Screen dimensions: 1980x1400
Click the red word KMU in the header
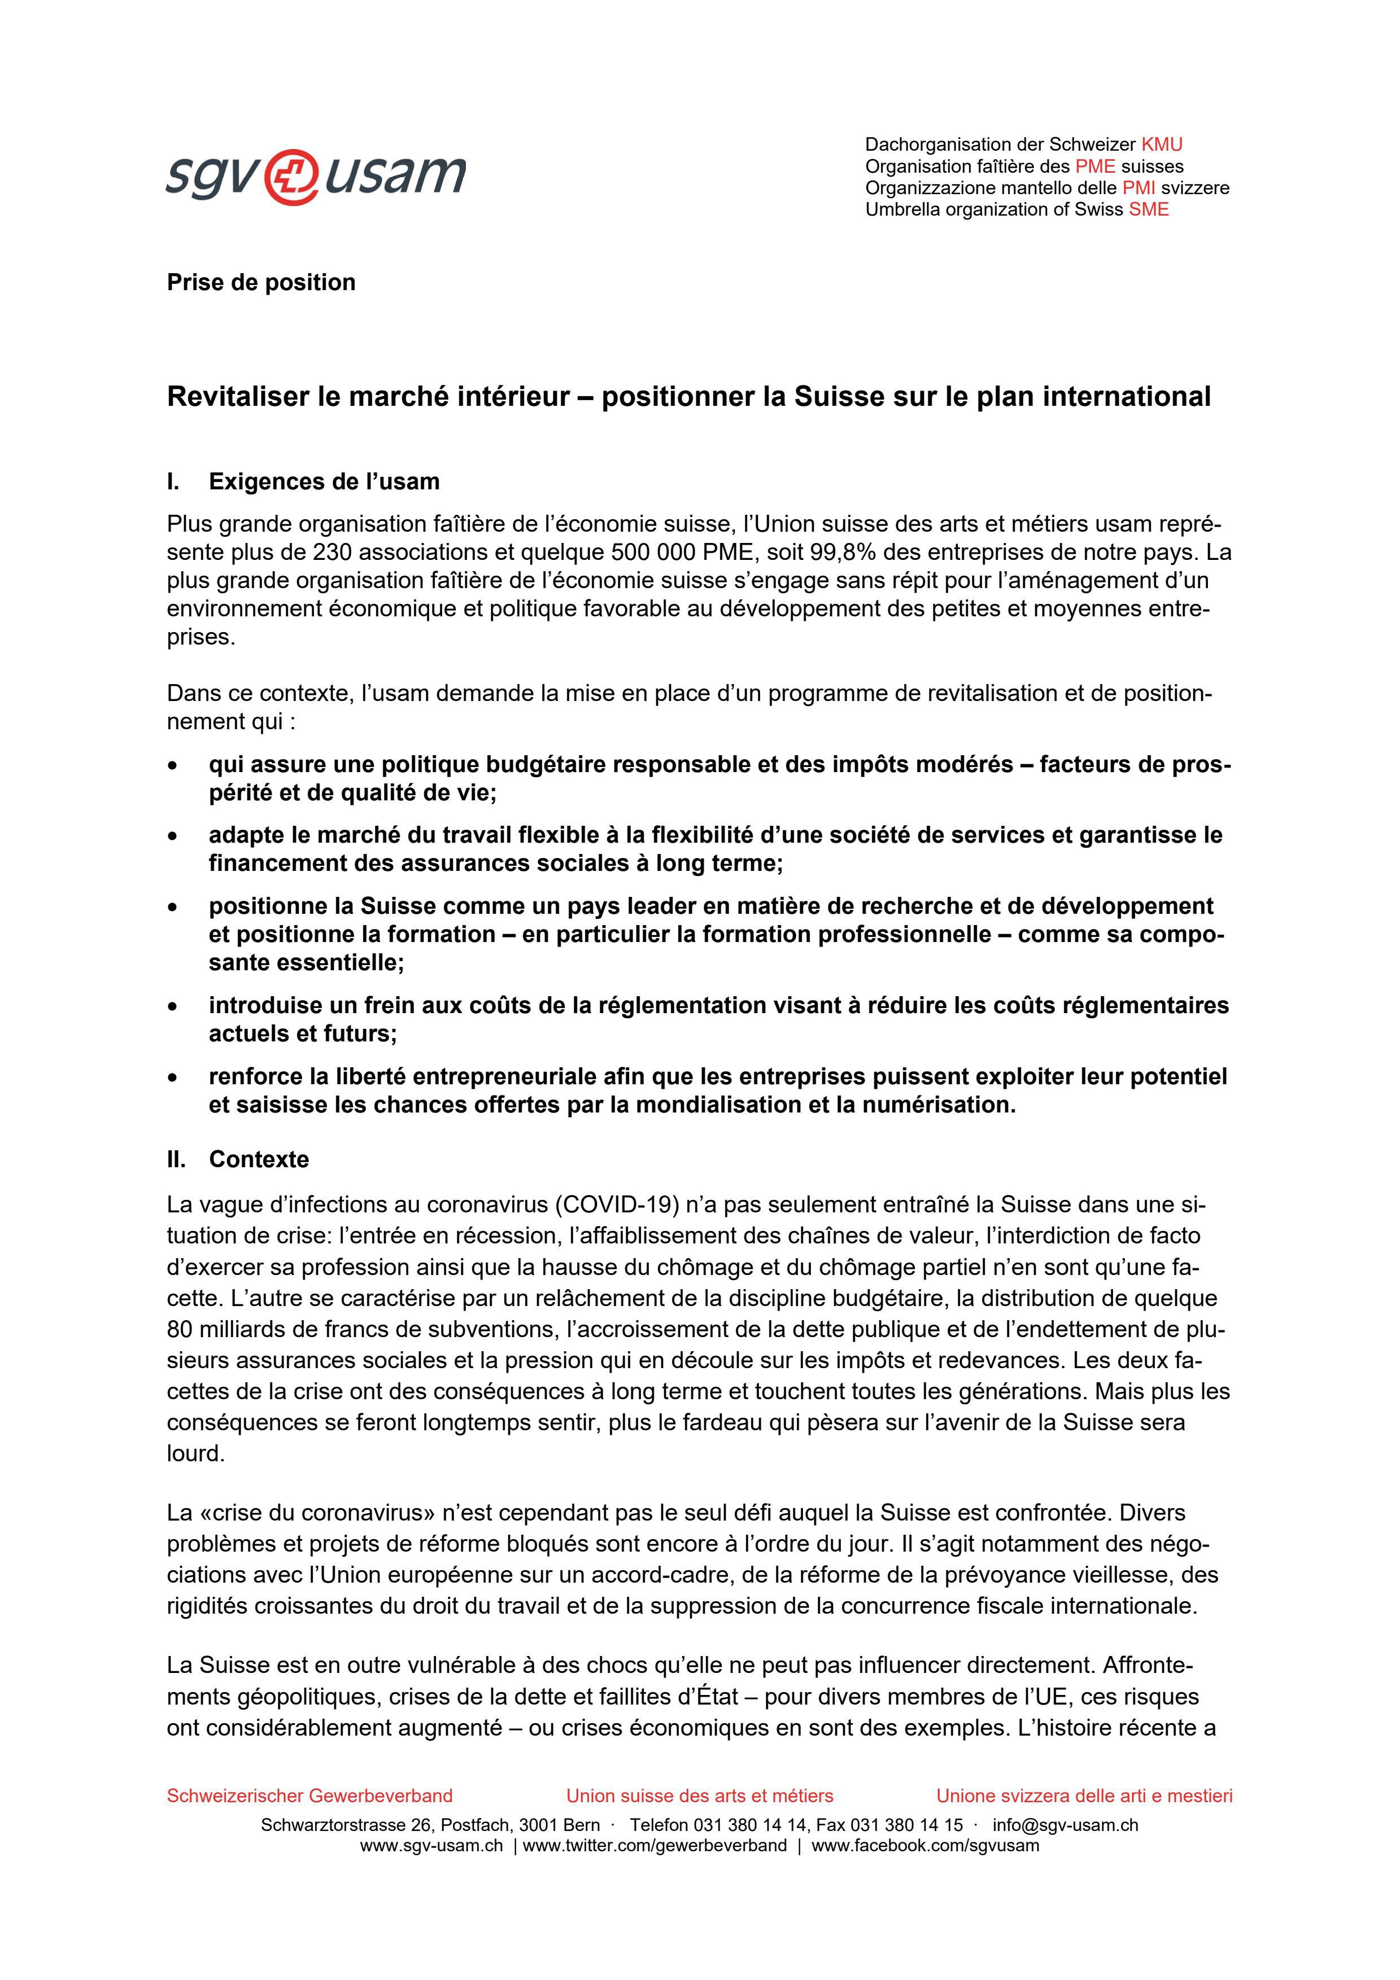(x=1161, y=145)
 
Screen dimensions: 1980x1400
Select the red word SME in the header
(x=1149, y=209)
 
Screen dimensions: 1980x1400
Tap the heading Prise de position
(x=260, y=283)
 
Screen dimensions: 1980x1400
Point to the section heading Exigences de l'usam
(x=324, y=481)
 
